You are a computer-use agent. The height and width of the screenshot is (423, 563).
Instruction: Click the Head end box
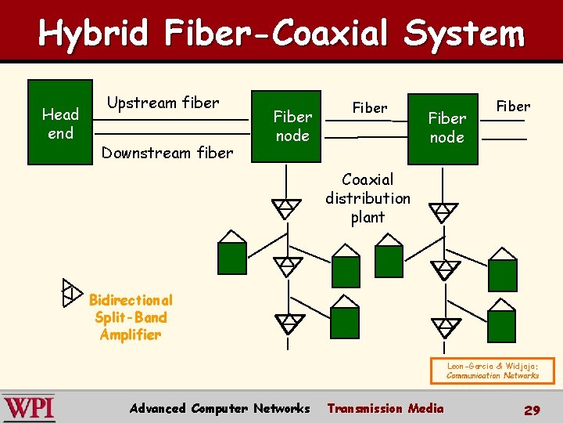(60, 122)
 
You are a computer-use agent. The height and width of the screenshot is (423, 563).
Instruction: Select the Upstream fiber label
(163, 103)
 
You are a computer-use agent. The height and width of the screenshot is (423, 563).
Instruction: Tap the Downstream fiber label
(167, 153)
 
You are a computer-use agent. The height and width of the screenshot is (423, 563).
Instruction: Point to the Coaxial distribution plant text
(368, 198)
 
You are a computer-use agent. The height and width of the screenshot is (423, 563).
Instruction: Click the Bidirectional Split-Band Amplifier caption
(130, 317)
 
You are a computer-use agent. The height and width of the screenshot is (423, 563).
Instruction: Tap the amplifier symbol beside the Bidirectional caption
(72, 291)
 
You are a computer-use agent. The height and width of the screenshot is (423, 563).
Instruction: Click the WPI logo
(29, 408)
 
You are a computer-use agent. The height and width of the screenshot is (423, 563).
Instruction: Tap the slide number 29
(532, 409)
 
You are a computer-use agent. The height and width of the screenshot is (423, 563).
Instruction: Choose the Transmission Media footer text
(385, 408)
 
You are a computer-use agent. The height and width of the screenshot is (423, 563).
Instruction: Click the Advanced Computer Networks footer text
(220, 408)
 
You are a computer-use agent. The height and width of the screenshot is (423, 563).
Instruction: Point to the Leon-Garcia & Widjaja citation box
(492, 371)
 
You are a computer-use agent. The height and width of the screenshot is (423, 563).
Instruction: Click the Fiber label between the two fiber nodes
(369, 107)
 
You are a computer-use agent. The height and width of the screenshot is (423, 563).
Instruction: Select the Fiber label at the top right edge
(513, 106)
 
